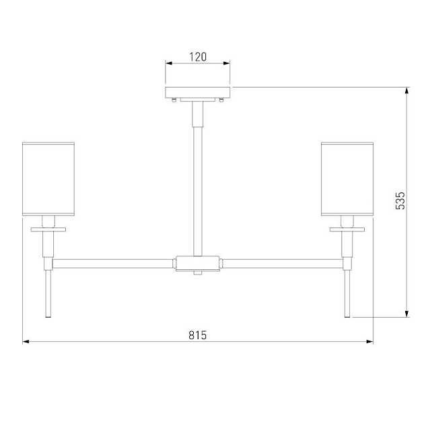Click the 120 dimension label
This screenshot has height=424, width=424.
pyautogui.click(x=197, y=57)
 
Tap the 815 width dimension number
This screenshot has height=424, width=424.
pyautogui.click(x=197, y=335)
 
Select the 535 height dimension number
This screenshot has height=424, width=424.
pyautogui.click(x=400, y=201)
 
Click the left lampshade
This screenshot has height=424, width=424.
pyautogui.click(x=48, y=179)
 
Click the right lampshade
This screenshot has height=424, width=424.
pyautogui.click(x=347, y=179)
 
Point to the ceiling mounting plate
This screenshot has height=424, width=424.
pyautogui.click(x=198, y=92)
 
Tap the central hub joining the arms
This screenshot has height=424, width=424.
pyautogui.click(x=198, y=263)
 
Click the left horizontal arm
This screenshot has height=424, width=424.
pyautogui.click(x=113, y=264)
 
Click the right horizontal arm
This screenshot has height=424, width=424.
pyautogui.click(x=283, y=264)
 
